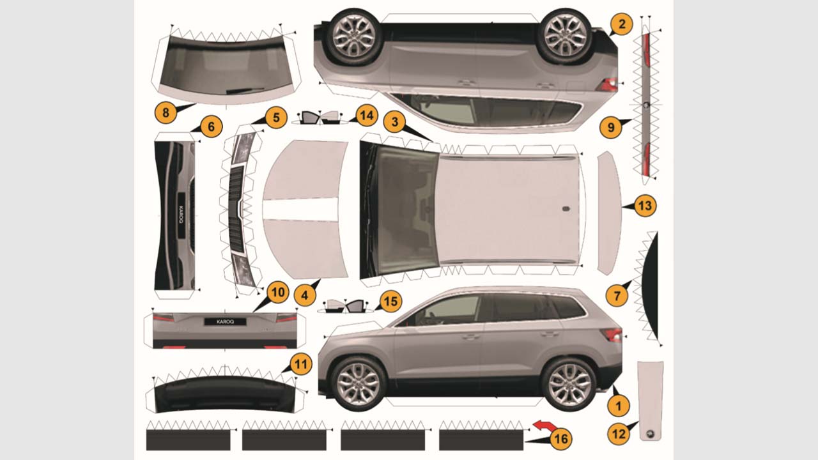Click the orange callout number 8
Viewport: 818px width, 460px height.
pyautogui.click(x=166, y=112)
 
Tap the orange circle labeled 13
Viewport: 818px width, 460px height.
pyautogui.click(x=645, y=206)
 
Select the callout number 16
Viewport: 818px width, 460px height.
pyautogui.click(x=561, y=439)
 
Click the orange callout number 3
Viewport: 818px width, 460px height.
pyautogui.click(x=394, y=121)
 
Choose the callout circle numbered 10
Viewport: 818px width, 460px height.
pyautogui.click(x=278, y=292)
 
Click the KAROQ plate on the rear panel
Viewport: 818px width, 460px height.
pyautogui.click(x=225, y=321)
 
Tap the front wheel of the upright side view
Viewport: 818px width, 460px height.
pyautogui.click(x=359, y=383)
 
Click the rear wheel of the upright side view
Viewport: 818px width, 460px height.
pyautogui.click(x=569, y=384)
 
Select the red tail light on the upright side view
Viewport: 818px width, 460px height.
pyautogui.click(x=612, y=334)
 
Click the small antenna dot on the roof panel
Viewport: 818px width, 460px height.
pyautogui.click(x=566, y=209)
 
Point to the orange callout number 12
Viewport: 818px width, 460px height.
pyautogui.click(x=619, y=434)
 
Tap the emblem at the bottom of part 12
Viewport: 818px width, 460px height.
pyautogui.click(x=651, y=434)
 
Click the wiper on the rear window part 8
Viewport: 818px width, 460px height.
pyautogui.click(x=245, y=90)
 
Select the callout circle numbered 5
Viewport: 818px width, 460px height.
pyautogui.click(x=276, y=118)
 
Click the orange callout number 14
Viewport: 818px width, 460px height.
pyautogui.click(x=367, y=116)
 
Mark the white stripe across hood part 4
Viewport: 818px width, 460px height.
pyautogui.click(x=300, y=209)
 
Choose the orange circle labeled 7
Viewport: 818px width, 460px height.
pyautogui.click(x=617, y=295)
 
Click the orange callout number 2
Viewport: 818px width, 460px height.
pyautogui.click(x=621, y=24)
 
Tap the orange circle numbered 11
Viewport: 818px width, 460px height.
pyautogui.click(x=301, y=364)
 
